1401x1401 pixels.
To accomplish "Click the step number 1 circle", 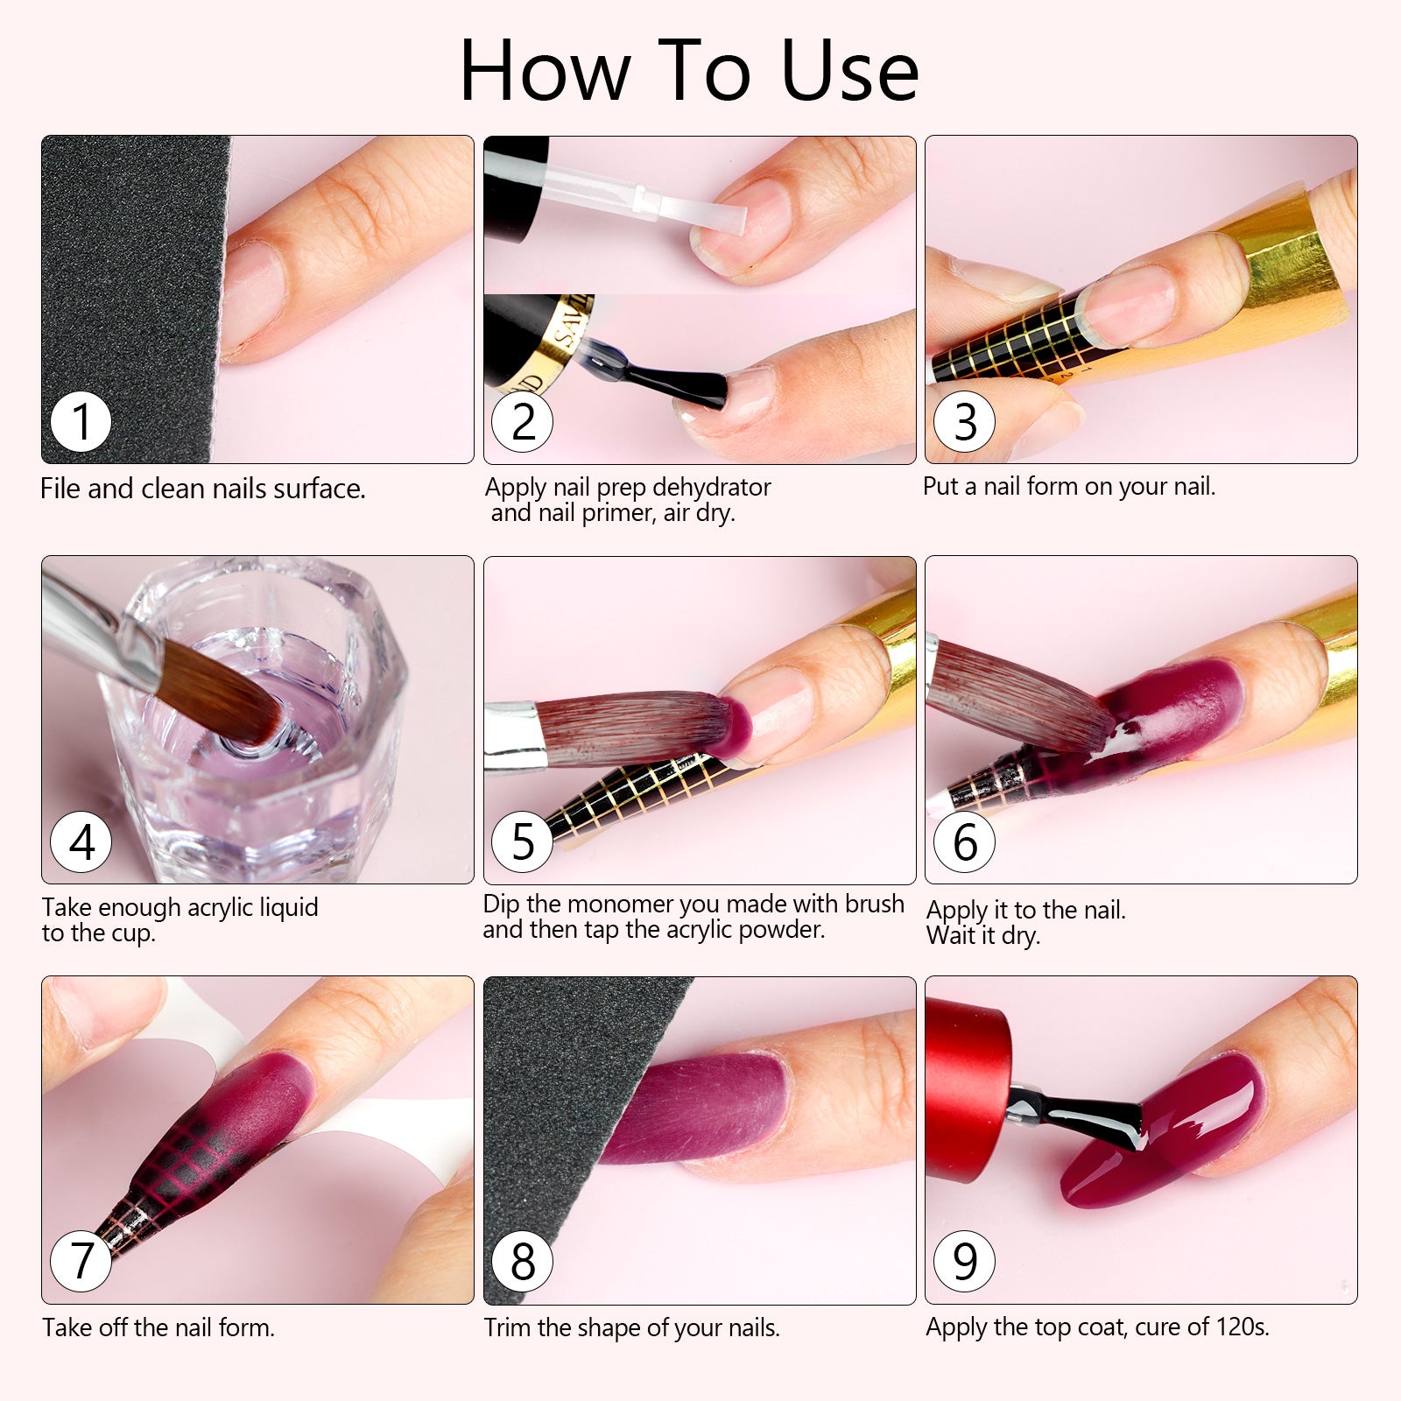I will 81,422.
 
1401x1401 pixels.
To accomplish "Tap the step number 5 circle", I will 523,841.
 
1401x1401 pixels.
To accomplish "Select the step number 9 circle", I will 965,1261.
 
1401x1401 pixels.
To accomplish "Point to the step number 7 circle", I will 81,1261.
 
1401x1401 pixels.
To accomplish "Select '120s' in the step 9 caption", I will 1241,1327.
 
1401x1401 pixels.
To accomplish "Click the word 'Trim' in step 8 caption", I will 507,1327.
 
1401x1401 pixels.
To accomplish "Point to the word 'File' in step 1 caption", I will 60,489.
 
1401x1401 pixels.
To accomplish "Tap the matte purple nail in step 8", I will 700,1108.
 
